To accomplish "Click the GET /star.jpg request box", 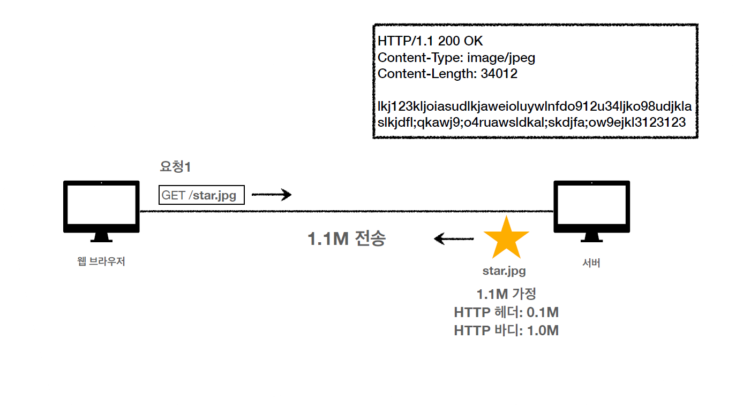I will (201, 195).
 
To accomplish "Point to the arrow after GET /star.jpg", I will (272, 195).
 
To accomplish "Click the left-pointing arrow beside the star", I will (454, 238).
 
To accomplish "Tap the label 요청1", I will (176, 167).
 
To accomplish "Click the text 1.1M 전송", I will (346, 238).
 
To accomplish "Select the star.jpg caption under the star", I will (504, 271).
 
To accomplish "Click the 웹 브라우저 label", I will (101, 262).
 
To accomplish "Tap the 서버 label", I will (591, 263).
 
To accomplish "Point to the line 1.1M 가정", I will (506, 294).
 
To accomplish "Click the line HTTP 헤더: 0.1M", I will (506, 312).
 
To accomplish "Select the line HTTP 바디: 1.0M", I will (506, 331).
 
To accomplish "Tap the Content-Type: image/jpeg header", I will (456, 58).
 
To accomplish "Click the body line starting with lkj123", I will (534, 107).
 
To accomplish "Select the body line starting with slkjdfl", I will (531, 122).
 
